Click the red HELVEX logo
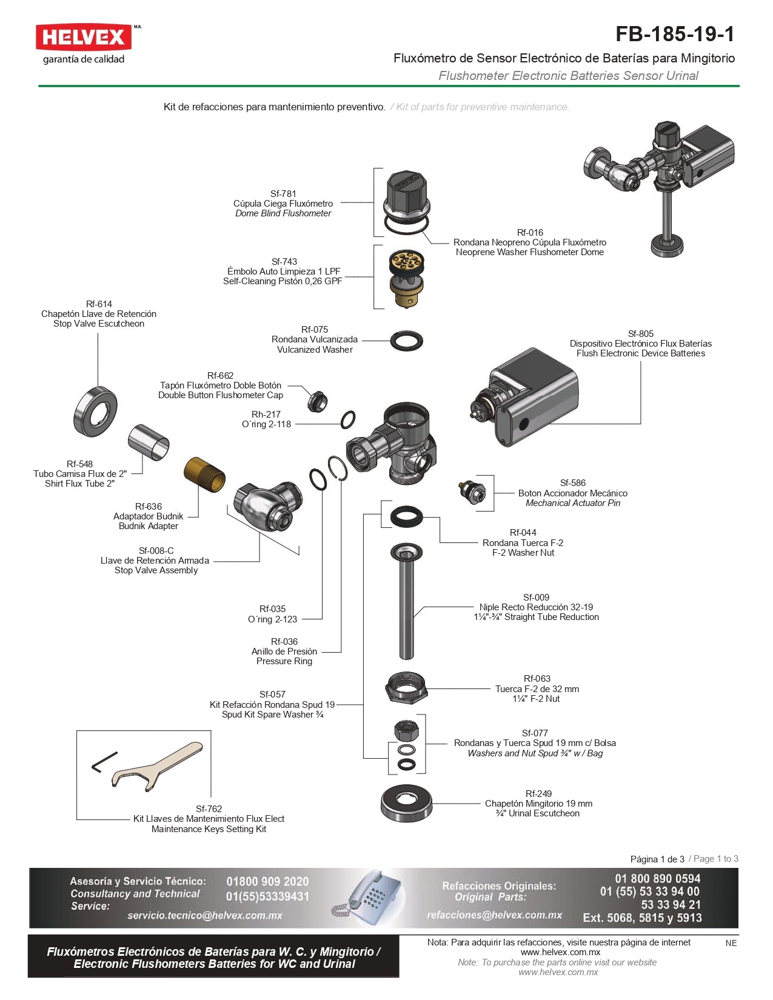pyautogui.click(x=83, y=38)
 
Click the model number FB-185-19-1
pyautogui.click(x=674, y=34)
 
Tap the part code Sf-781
pyautogui.click(x=283, y=194)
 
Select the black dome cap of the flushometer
pyautogui.click(x=406, y=193)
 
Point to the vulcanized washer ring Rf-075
pyautogui.click(x=406, y=341)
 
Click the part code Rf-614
pyautogui.click(x=99, y=304)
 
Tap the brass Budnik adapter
pyautogui.click(x=205, y=475)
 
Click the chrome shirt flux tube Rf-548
pyautogui.click(x=149, y=442)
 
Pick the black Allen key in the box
pyautogui.click(x=103, y=762)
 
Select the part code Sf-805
pyautogui.click(x=640, y=334)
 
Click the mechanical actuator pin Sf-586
pyautogui.click(x=472, y=492)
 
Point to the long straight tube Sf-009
pyautogui.click(x=406, y=606)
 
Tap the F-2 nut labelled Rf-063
pyautogui.click(x=406, y=688)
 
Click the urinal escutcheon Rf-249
pyautogui.click(x=406, y=804)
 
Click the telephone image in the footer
pyautogui.click(x=367, y=898)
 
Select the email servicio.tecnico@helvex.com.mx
pyautogui.click(x=205, y=915)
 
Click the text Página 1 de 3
pyautogui.click(x=657, y=859)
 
